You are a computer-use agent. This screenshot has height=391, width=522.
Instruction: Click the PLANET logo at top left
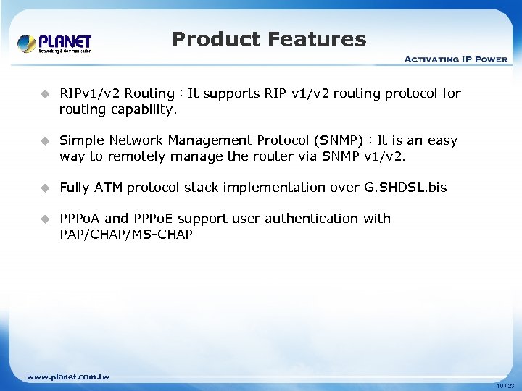tap(54, 43)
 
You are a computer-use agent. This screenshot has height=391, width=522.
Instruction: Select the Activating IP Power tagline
tap(455, 59)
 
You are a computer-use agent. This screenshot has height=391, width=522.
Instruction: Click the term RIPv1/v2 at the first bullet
tap(91, 93)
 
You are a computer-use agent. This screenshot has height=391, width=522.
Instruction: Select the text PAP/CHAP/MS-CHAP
tap(126, 235)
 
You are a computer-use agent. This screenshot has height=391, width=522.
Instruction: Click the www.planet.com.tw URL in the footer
tap(67, 377)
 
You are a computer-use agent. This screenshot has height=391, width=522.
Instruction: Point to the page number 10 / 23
tap(505, 386)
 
